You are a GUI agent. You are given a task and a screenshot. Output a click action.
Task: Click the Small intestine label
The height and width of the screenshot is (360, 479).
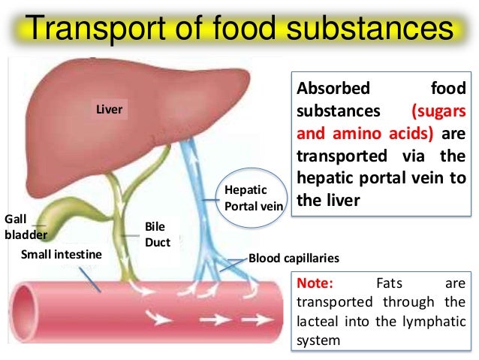(x=62, y=254)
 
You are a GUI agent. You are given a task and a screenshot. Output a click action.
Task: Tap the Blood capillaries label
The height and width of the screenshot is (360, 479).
(x=294, y=258)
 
